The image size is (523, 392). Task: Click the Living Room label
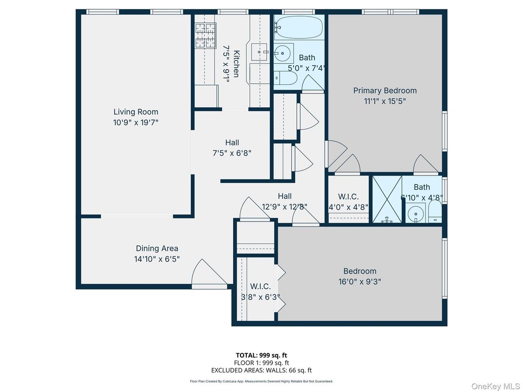tap(136, 112)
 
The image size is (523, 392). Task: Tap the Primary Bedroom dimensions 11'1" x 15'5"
tap(385, 101)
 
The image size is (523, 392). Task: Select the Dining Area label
tap(157, 249)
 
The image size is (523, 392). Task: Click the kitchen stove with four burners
tap(205, 36)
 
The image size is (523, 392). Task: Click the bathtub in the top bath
tap(298, 27)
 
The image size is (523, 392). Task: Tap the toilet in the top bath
tap(285, 78)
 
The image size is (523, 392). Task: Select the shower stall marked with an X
tap(387, 199)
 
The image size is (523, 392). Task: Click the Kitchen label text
tap(236, 64)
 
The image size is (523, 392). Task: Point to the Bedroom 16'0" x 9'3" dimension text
tap(360, 281)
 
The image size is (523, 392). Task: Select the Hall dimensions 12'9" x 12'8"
tap(284, 206)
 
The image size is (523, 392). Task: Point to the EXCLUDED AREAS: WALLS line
tap(261, 370)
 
